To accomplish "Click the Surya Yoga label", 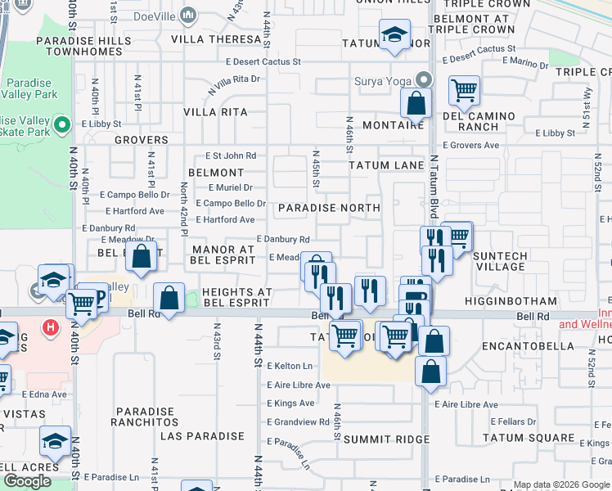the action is tap(382, 81).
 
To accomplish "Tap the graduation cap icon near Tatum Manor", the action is tap(394, 35).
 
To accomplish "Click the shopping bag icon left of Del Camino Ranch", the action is tap(416, 103).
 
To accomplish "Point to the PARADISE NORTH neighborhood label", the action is tap(329, 208).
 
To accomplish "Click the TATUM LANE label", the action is tap(386, 165).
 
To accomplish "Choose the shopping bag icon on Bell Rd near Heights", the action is tap(169, 299).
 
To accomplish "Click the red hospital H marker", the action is tap(51, 328).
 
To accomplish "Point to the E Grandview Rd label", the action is tap(298, 422).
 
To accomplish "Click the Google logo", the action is tap(27, 480).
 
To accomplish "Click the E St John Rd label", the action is tap(231, 155).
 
